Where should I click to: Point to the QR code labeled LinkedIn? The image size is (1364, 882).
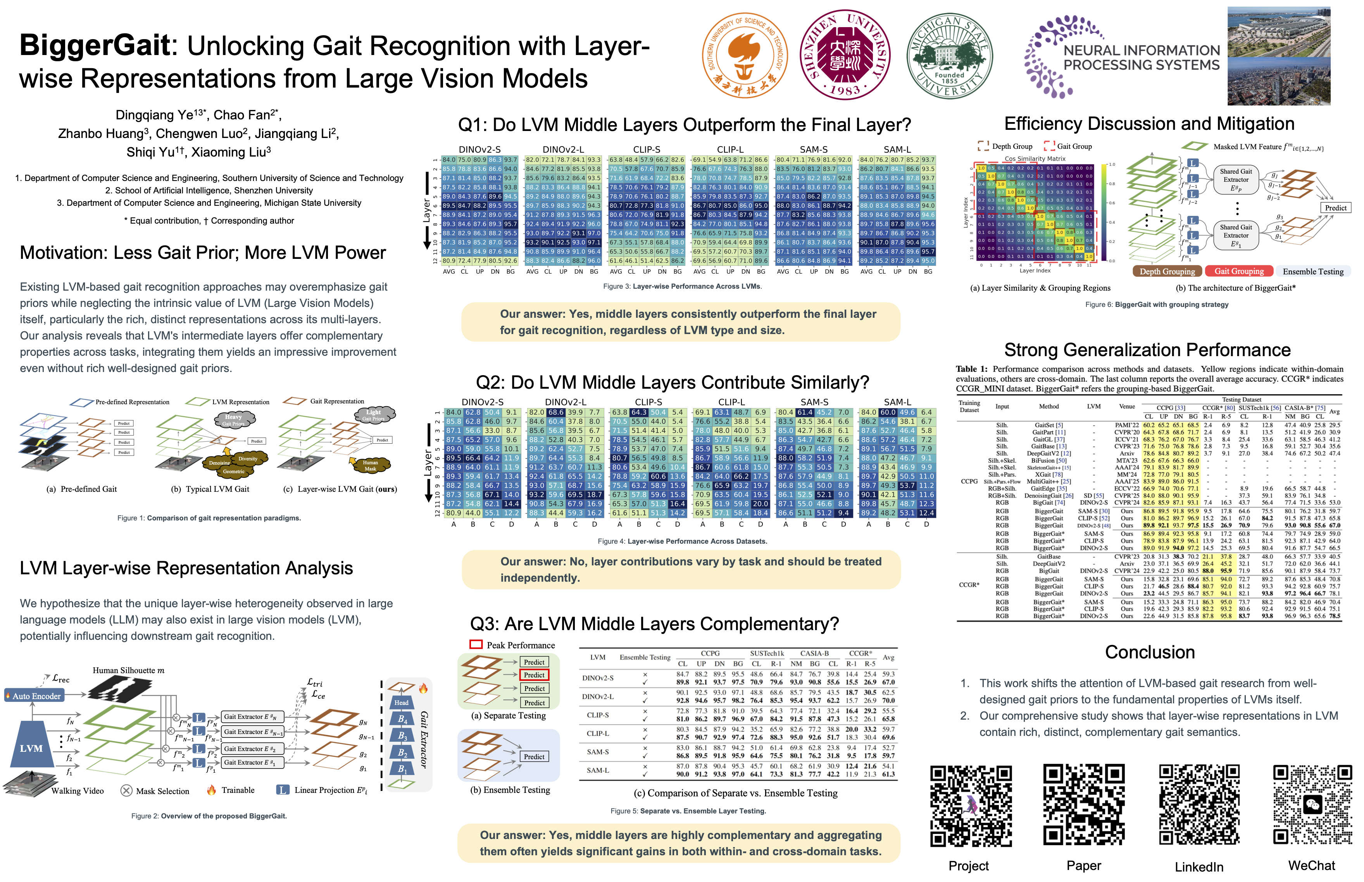1199,806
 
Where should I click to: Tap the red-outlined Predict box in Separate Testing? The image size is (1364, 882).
534,675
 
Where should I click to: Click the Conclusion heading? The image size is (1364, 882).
1149,652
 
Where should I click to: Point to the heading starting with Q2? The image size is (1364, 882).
672,382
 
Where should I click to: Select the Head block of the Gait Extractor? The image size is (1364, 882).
401,703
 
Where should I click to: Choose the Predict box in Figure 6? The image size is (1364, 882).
1335,208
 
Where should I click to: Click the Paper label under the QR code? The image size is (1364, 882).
1083,865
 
